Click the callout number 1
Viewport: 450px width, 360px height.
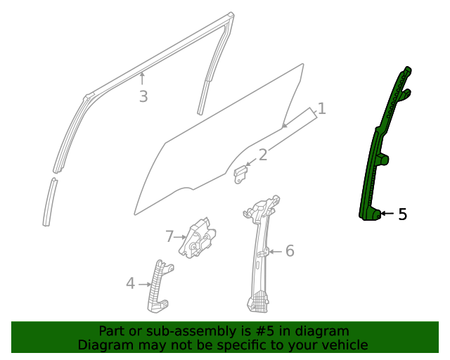coord(321,108)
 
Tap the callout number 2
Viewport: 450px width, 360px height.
coord(263,155)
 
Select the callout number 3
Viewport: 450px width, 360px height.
coord(143,96)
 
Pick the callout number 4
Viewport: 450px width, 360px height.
coord(130,283)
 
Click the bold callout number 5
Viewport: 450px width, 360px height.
coord(402,214)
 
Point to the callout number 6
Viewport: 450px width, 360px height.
coord(289,251)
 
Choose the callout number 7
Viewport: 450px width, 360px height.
coord(169,237)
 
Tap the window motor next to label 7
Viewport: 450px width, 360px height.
coord(199,238)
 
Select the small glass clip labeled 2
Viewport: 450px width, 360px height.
coord(240,174)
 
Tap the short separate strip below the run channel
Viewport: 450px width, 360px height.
coord(49,202)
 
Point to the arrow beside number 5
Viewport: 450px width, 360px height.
coord(387,214)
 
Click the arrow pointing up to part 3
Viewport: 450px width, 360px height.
coord(143,79)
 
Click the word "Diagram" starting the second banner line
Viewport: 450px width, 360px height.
coord(102,345)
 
